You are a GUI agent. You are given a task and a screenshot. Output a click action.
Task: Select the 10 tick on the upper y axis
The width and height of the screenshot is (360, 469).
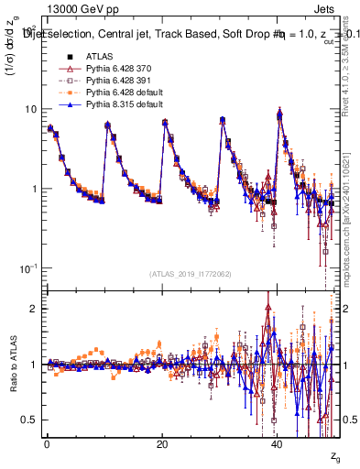point(30,109)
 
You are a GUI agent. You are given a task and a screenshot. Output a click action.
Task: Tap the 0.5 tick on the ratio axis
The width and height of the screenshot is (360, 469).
point(31,420)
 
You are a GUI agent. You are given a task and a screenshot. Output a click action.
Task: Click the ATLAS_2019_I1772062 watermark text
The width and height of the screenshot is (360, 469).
point(191,274)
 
